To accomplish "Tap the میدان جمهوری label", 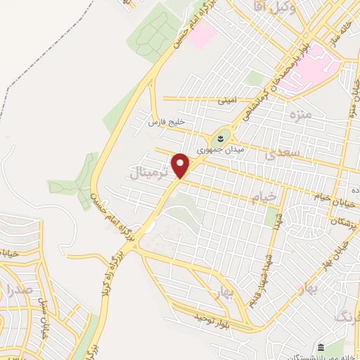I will (213, 148).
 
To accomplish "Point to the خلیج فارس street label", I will (166, 122).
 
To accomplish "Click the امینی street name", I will (227, 100).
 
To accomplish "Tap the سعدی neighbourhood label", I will (284, 151).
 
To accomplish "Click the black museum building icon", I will (319, 348).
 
